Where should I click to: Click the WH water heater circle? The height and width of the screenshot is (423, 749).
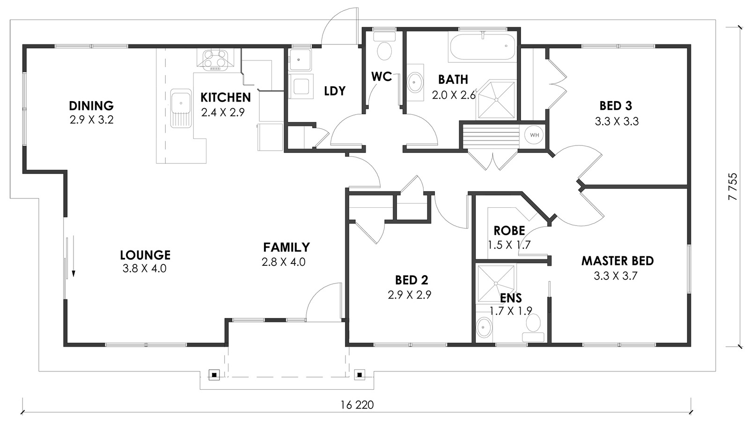534,135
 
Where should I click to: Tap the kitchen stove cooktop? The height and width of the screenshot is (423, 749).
215,60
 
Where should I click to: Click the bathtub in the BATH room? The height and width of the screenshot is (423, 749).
482,46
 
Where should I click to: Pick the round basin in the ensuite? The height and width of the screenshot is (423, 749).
484,327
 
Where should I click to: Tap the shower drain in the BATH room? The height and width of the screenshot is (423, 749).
497,100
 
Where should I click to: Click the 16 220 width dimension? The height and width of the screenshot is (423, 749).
357,405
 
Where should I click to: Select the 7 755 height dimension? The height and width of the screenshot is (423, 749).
732,186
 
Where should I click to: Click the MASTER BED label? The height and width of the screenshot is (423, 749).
617,261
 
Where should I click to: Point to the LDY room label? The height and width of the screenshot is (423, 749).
335,91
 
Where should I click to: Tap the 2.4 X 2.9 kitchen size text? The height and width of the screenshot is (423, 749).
223,112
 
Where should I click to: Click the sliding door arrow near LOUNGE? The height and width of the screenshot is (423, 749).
73,256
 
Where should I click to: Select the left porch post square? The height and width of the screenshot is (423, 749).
214,375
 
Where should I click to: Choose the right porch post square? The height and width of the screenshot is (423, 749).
360,375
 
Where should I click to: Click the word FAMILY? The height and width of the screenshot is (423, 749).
286,247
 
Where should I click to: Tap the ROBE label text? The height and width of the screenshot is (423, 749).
509,231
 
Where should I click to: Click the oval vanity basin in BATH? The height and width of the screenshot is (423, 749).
415,81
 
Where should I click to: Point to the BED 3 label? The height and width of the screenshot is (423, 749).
616,106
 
